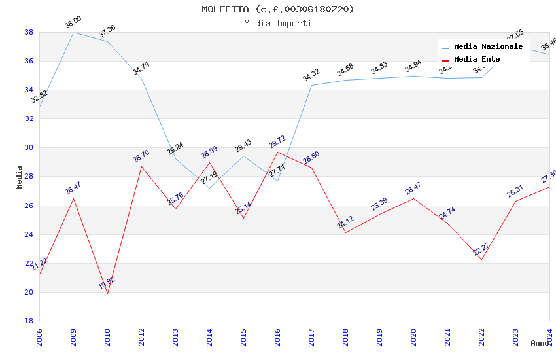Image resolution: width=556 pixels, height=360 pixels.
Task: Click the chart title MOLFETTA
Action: pyautogui.click(x=277, y=9)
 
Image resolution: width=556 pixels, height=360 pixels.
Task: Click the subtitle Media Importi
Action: pyautogui.click(x=277, y=23)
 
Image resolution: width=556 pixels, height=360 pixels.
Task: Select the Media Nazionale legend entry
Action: pyautogui.click(x=488, y=47)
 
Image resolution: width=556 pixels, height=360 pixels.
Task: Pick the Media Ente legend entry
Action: pyautogui.click(x=477, y=60)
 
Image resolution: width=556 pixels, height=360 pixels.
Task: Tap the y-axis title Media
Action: pyautogui.click(x=19, y=177)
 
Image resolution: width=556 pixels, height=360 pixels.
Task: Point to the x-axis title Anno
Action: pyautogui.click(x=540, y=343)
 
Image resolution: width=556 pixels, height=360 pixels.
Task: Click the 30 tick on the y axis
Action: pyautogui.click(x=29, y=147)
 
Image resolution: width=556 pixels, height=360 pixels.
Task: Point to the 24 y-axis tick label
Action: pyautogui.click(x=29, y=234)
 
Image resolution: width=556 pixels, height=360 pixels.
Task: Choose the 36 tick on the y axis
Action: pyautogui.click(x=29, y=61)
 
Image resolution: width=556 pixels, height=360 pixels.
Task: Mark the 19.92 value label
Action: pyautogui.click(x=107, y=283)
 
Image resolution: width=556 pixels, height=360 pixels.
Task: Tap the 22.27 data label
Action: pyautogui.click(x=481, y=249)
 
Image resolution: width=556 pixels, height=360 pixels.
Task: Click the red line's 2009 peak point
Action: pyautogui.click(x=73, y=198)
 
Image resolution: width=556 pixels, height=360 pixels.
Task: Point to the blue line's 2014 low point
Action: pyautogui.click(x=209, y=189)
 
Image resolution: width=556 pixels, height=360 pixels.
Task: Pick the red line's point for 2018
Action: pyautogui.click(x=345, y=232)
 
